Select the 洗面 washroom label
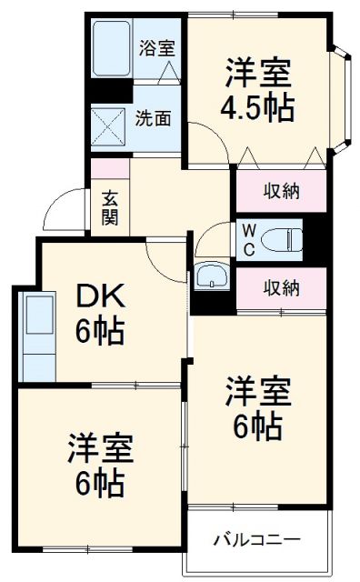point(151,117)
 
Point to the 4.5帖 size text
point(257,107)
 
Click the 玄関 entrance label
point(109,208)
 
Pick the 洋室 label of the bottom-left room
point(100,448)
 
